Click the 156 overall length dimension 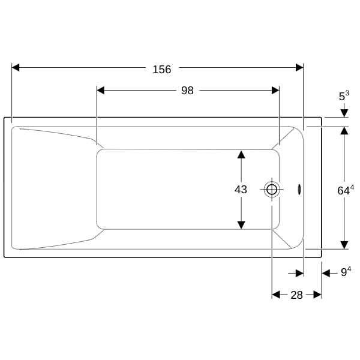point(161,70)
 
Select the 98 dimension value point(187,91)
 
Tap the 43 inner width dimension point(241,190)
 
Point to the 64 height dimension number point(343,191)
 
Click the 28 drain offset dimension point(296,295)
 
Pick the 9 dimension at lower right point(344,273)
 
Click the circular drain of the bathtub point(272,190)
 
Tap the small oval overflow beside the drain point(299,190)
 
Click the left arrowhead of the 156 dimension point(16,68)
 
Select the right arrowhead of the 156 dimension point(299,68)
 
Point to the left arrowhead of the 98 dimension point(101,91)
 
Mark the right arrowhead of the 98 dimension point(275,91)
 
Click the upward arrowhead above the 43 point(241,154)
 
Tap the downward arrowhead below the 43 point(241,225)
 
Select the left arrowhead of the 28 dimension point(277,295)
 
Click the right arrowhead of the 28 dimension point(317,295)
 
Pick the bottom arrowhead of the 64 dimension point(344,245)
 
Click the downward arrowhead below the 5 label point(344,113)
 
